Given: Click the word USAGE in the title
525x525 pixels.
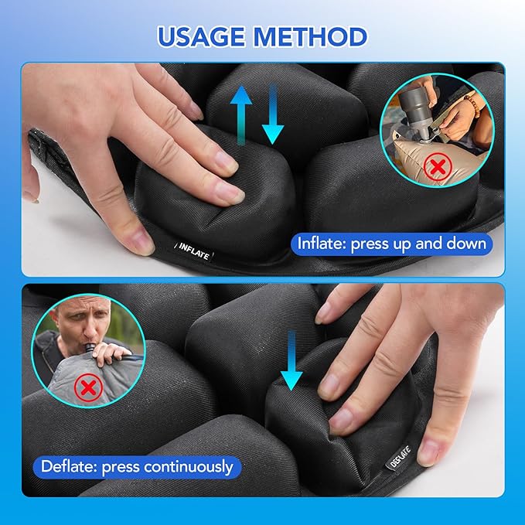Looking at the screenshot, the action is [x=202, y=36].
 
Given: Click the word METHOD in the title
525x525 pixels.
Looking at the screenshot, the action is [x=310, y=36].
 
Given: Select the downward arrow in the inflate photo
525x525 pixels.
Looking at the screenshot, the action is [x=273, y=114].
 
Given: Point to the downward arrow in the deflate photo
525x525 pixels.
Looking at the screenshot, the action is [x=291, y=360].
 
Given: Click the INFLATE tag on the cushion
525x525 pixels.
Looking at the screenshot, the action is [x=194, y=252].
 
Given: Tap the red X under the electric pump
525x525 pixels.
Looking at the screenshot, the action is [x=438, y=166].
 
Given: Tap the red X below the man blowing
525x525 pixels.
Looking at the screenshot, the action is [x=88, y=387].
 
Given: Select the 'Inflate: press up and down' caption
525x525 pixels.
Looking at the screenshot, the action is [x=392, y=244].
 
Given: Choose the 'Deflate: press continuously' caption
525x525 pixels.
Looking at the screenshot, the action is [x=137, y=467].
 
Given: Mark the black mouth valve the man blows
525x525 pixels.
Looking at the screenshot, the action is [x=90, y=349].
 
